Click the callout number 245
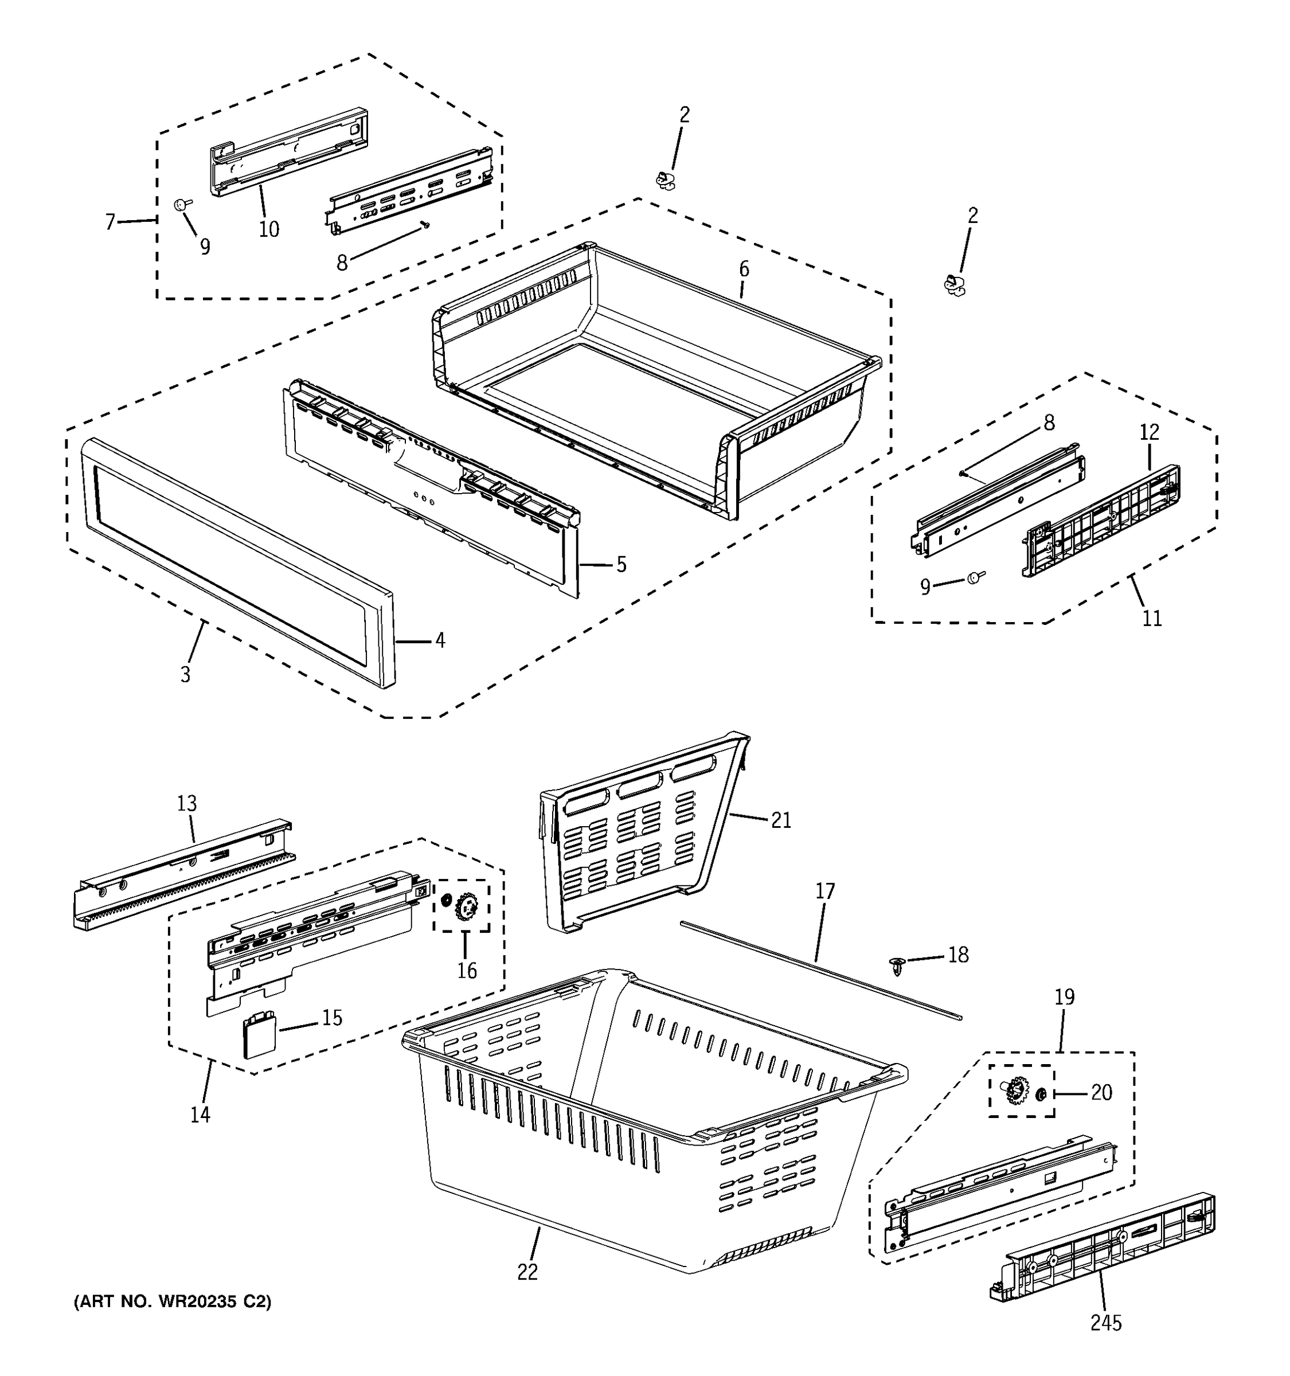tap(1105, 1323)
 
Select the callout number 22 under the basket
tap(527, 1272)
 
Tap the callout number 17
tap(825, 891)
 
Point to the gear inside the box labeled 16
tap(468, 906)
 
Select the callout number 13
tap(187, 804)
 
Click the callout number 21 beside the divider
tap(781, 820)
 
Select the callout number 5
tap(621, 565)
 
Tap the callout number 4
tap(439, 640)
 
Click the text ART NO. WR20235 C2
tap(173, 1302)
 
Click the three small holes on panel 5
tap(423, 497)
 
